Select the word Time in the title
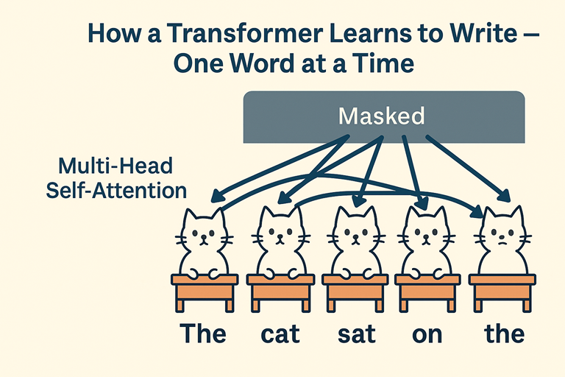[383, 64]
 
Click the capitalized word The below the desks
[204, 334]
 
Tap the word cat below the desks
[280, 334]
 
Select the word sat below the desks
[356, 334]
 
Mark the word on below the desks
[427, 334]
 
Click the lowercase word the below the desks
[505, 334]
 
